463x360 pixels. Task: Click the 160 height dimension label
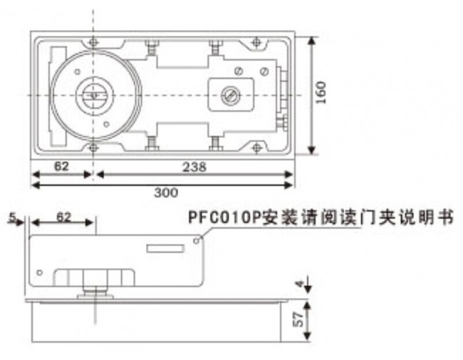coord(321,93)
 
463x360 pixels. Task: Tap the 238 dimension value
coord(194,167)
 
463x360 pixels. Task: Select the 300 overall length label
coord(166,192)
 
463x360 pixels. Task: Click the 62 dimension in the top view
coord(61,166)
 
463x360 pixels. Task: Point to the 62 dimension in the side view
coord(64,217)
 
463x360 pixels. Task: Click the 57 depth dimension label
coord(299,319)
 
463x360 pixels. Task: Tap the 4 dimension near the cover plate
coord(300,284)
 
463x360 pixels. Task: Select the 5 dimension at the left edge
coord(12,218)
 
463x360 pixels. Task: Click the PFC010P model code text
coord(224,218)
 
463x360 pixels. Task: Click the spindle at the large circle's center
coord(93,96)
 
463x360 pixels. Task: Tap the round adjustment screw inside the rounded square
coord(231,96)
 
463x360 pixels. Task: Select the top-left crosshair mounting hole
coord(93,42)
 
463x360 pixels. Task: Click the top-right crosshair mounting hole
coord(256,42)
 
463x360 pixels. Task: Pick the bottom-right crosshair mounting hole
coord(256,148)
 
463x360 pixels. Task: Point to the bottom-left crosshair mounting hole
coord(93,148)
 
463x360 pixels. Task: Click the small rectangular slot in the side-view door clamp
coord(165,249)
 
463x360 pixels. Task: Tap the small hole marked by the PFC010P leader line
coord(196,241)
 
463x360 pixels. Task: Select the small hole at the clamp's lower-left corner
coord(40,272)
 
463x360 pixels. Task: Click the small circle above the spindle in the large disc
coord(78,72)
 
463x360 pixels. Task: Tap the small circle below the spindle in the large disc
coord(107,124)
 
